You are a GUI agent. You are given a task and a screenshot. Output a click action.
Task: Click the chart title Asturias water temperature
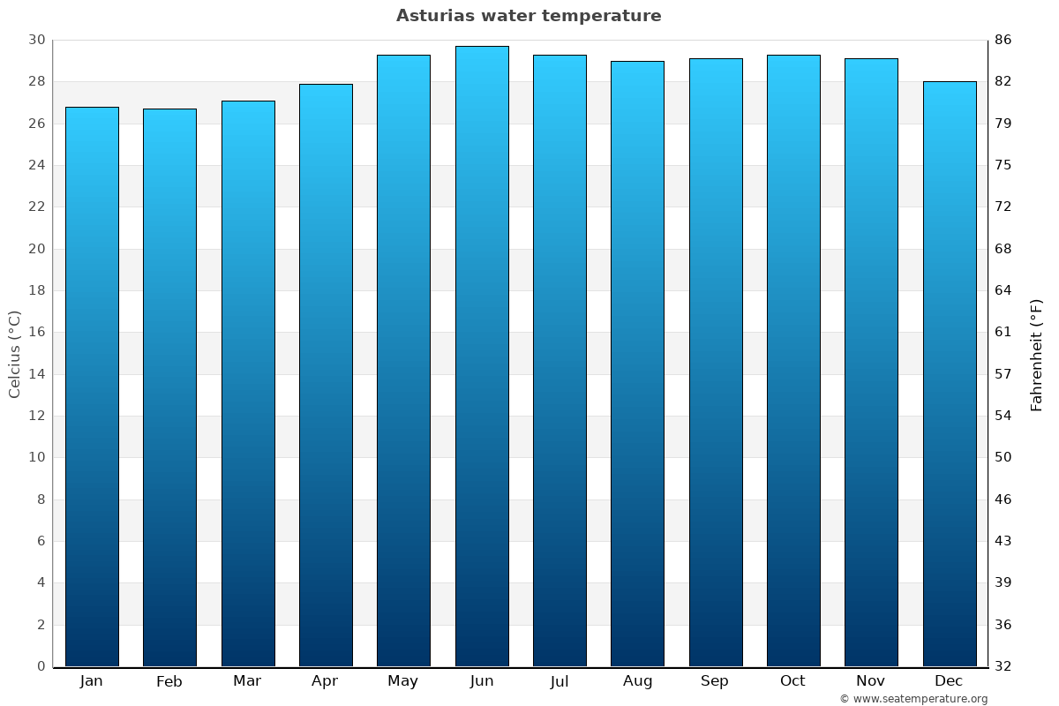click(x=529, y=16)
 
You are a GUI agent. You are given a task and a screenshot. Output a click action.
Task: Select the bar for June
click(x=482, y=353)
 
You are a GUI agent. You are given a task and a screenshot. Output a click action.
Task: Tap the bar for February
click(x=169, y=388)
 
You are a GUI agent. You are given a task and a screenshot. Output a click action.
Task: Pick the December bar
click(x=950, y=371)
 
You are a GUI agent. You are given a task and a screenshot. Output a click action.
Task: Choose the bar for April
click(x=326, y=375)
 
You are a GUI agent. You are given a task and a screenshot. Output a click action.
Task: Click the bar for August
click(x=637, y=362)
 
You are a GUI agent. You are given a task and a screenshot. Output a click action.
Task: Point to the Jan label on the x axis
click(x=92, y=681)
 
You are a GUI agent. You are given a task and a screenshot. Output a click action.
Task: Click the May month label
click(x=403, y=681)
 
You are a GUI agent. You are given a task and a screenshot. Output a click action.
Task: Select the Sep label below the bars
click(x=715, y=681)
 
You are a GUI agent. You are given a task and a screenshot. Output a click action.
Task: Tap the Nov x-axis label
click(x=871, y=681)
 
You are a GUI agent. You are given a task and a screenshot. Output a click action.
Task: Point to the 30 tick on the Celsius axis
click(x=36, y=41)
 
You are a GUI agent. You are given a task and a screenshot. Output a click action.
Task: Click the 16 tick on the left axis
click(x=36, y=333)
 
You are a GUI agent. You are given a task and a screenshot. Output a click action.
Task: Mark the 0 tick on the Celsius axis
click(x=41, y=666)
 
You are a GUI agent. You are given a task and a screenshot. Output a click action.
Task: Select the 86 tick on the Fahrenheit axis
click(x=1003, y=41)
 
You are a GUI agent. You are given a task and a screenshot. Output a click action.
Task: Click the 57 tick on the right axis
click(x=1003, y=374)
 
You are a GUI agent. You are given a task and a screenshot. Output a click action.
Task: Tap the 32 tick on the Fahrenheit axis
click(x=1003, y=666)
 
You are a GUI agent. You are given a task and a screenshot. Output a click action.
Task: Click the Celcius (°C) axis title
click(x=15, y=353)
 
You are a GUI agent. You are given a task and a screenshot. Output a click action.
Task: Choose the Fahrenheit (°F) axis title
click(x=1037, y=354)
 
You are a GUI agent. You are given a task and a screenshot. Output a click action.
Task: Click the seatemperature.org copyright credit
click(x=913, y=699)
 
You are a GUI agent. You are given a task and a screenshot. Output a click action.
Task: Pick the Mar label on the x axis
click(x=247, y=681)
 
